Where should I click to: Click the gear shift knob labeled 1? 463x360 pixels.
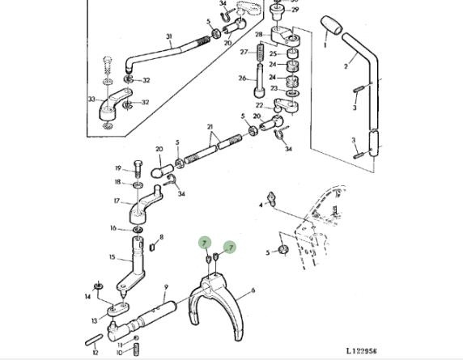pyautogui.click(x=331, y=25)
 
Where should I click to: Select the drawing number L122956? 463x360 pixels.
pyautogui.click(x=362, y=351)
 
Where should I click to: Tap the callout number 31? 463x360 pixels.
pyautogui.click(x=169, y=36)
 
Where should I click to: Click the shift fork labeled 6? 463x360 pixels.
pyautogui.click(x=217, y=307)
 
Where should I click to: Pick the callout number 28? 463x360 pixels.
pyautogui.click(x=259, y=35)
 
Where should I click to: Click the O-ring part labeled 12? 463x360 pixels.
pyautogui.click(x=94, y=340)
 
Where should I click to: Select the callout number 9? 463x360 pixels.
pyautogui.click(x=166, y=287)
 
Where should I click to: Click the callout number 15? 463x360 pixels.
pyautogui.click(x=112, y=257)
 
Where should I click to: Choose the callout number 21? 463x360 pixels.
pyautogui.click(x=210, y=127)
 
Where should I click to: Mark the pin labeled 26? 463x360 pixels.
pyautogui.click(x=258, y=81)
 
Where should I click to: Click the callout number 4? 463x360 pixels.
pyautogui.click(x=261, y=205)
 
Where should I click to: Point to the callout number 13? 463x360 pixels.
pyautogui.click(x=94, y=320)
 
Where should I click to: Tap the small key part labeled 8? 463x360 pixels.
pyautogui.click(x=152, y=247)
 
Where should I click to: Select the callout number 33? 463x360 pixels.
pyautogui.click(x=91, y=100)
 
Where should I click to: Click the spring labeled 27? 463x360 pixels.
pyautogui.click(x=261, y=53)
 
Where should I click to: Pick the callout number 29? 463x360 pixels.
pyautogui.click(x=295, y=10)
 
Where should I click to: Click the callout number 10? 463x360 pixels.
pyautogui.click(x=119, y=353)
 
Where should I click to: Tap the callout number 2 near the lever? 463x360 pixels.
pyautogui.click(x=346, y=66)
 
